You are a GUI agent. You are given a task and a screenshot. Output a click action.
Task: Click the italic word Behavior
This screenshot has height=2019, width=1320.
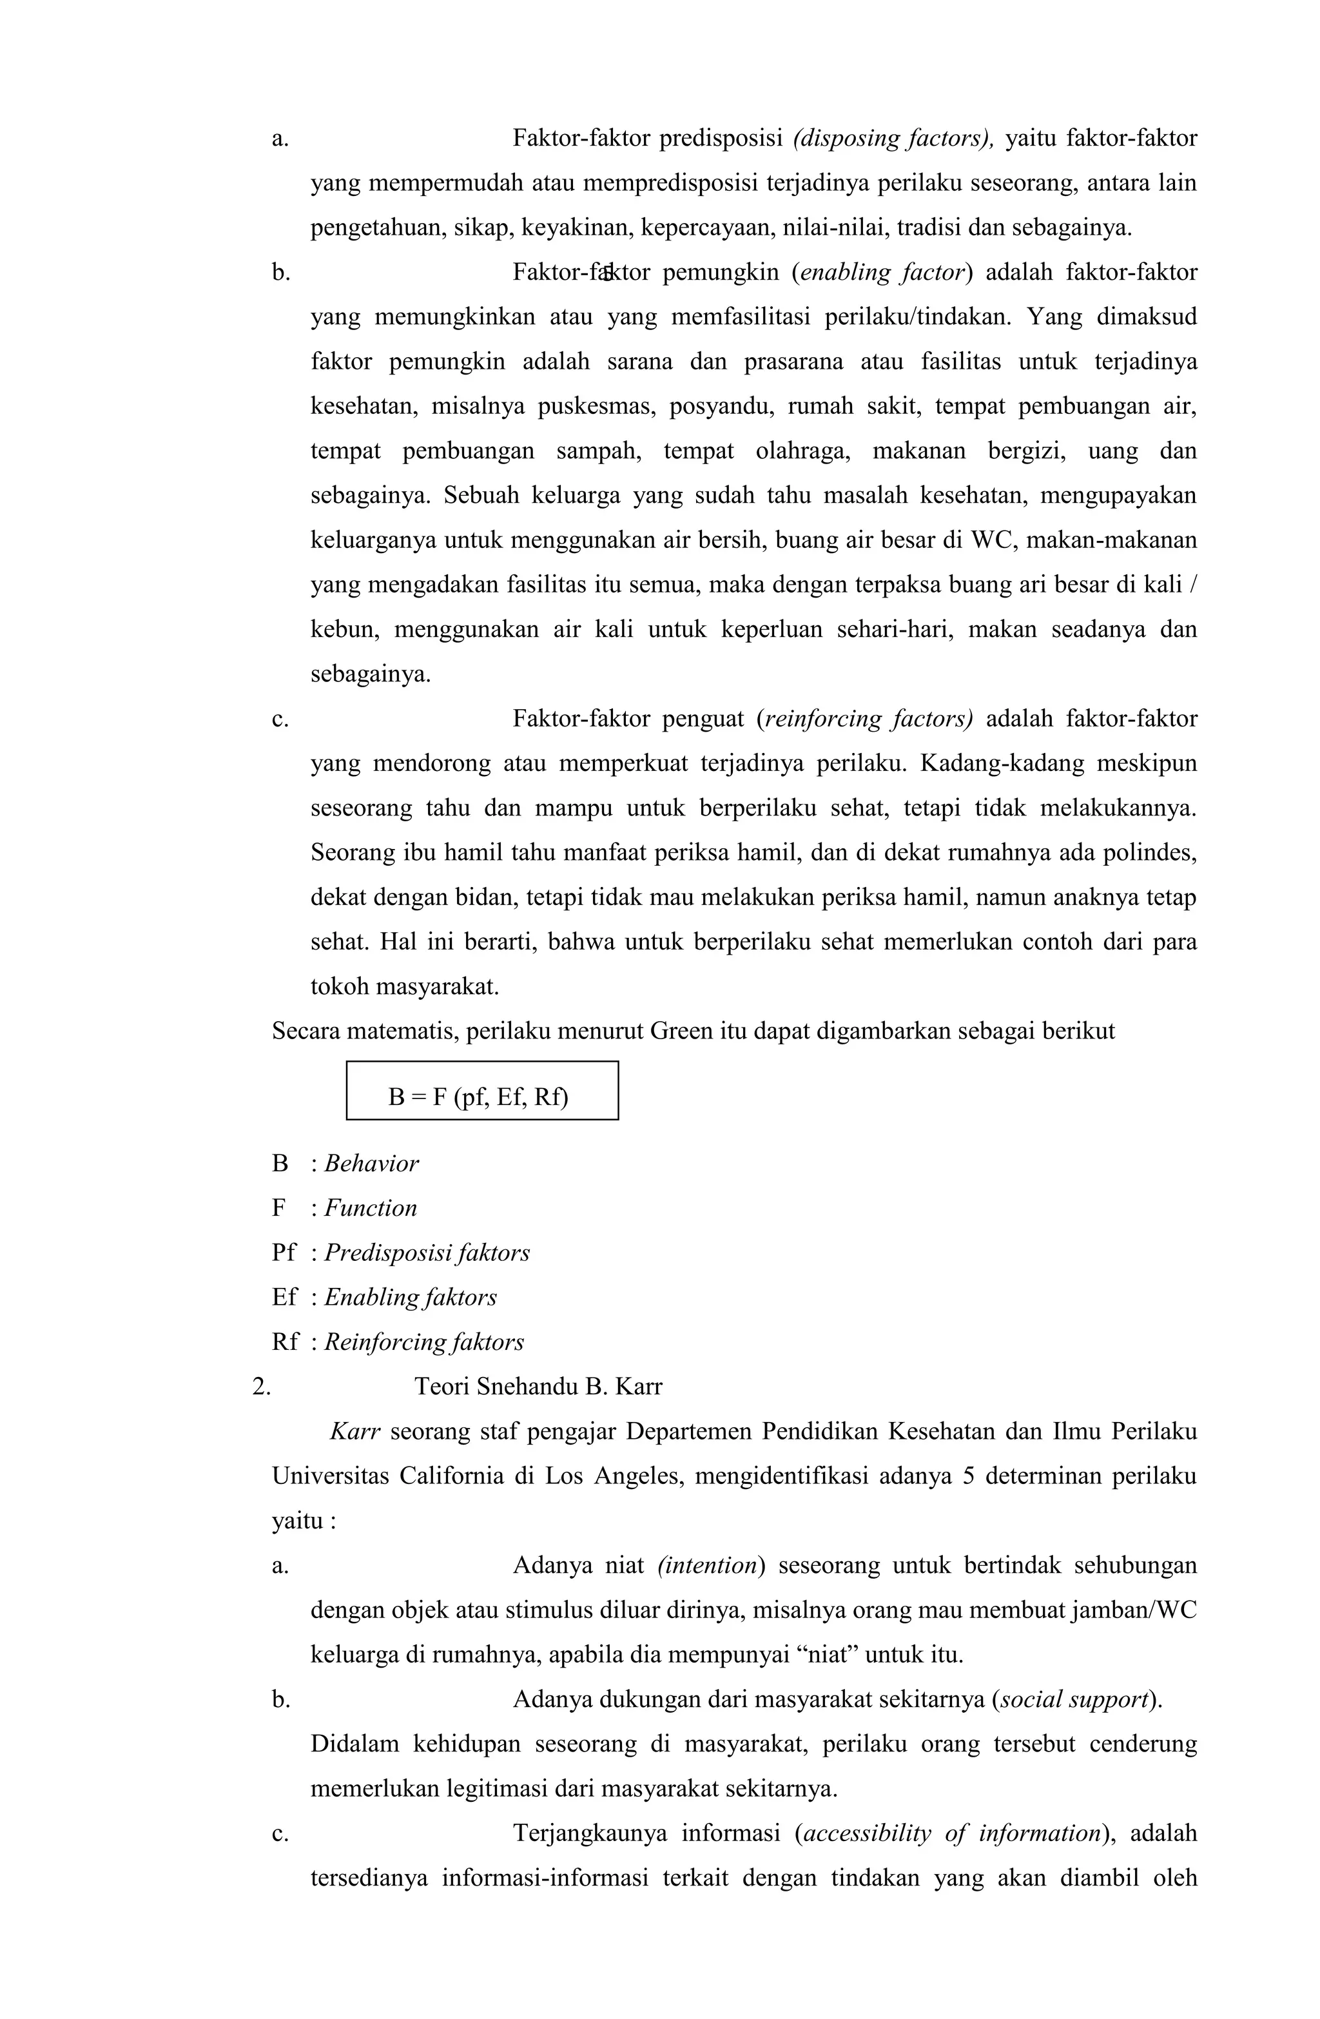point(371,1163)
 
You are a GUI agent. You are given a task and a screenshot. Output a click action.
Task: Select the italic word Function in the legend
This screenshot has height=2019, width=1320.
point(371,1208)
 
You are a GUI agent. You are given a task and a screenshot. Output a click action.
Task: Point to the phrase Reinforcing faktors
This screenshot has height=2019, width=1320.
point(424,1342)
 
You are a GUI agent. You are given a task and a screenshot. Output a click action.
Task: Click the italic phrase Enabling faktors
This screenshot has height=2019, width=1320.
point(411,1297)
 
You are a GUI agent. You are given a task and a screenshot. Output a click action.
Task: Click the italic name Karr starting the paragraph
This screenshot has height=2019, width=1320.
point(354,1432)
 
